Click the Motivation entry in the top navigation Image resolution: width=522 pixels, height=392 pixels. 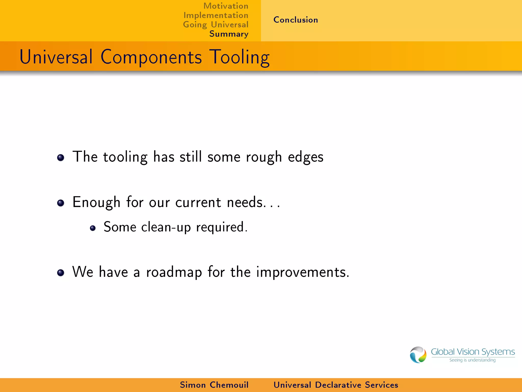pos(226,6)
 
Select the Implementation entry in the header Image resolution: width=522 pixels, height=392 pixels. pos(216,15)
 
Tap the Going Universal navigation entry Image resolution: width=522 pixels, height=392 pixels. pos(216,25)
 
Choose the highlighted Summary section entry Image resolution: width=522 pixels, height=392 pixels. pos(229,34)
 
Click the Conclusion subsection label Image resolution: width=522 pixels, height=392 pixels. pos(296,20)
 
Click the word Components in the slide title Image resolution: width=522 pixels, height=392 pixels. pos(151,57)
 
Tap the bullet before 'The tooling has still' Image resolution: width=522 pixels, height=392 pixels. pos(61,158)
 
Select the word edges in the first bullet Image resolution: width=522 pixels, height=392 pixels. pos(305,157)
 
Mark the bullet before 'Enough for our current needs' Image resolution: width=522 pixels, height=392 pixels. pos(61,203)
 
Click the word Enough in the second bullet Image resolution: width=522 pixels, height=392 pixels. pos(96,203)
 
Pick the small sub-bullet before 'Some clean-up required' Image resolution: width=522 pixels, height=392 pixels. pos(93,228)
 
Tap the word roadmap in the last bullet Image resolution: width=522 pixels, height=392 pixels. pos(174,272)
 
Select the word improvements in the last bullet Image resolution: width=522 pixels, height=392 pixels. pos(303,272)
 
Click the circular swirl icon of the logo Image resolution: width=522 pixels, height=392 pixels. pos(418,355)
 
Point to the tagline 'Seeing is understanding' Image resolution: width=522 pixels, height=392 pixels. pos(472,360)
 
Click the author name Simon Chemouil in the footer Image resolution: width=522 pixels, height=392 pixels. pos(214,385)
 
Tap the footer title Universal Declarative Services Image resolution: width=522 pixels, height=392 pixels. pos(336,385)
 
